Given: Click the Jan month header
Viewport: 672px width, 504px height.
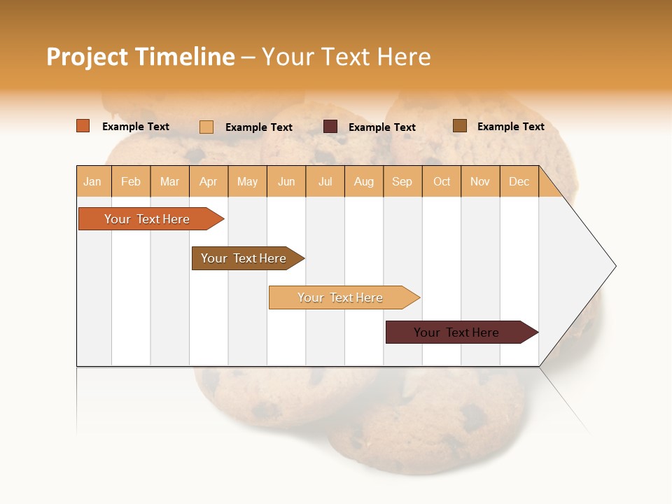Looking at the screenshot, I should [x=93, y=182].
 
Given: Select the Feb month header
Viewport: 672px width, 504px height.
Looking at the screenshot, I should [x=131, y=182].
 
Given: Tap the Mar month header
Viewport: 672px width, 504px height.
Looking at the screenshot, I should [x=169, y=182].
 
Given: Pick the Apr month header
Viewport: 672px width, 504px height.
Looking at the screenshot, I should [x=209, y=182].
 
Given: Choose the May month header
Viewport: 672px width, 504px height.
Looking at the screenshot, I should [x=247, y=182].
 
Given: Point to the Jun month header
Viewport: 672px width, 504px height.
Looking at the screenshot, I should [x=286, y=182].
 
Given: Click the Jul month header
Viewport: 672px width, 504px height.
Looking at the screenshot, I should [x=325, y=182].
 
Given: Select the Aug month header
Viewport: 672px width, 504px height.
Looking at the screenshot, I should [x=364, y=182].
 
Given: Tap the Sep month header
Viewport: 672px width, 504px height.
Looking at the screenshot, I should [x=402, y=182].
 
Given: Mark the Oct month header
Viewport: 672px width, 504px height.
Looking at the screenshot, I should [x=442, y=182].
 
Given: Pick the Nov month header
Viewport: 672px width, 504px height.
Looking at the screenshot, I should [x=480, y=182].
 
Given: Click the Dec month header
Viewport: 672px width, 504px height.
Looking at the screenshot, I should [x=519, y=182].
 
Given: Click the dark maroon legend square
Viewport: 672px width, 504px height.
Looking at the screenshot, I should [x=330, y=127].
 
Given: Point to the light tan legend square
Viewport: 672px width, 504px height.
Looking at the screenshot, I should [x=206, y=127].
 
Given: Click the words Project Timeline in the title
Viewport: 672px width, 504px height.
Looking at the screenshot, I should [x=141, y=57].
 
